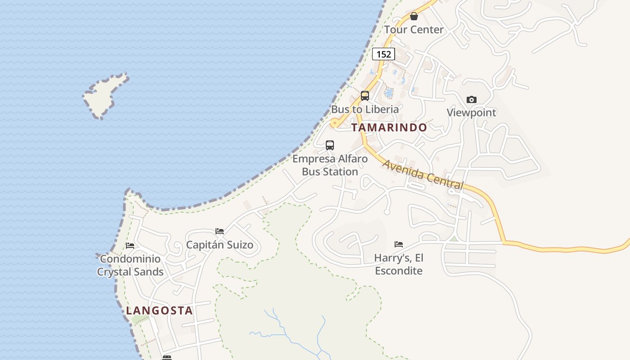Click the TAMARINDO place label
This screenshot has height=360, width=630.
[x=389, y=127]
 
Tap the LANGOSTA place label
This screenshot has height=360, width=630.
[x=159, y=310]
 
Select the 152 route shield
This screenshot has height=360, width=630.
[x=383, y=54]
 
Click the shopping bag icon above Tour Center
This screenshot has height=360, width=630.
[x=414, y=17]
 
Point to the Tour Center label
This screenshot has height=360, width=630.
[x=414, y=30]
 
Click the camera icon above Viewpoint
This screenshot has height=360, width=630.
[x=471, y=99]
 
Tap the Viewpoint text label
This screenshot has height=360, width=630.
[x=471, y=112]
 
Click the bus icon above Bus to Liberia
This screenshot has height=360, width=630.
[x=364, y=96]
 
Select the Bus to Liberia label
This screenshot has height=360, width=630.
[x=365, y=109]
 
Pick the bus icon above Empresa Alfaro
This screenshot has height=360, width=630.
[x=330, y=145]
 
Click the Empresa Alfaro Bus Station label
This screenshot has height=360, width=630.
[x=330, y=165]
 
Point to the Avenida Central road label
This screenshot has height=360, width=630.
[x=423, y=174]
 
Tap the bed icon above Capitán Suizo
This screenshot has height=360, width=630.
[x=220, y=231]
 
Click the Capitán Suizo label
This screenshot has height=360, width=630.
[x=220, y=245]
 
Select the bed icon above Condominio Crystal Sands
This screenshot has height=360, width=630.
[x=130, y=246]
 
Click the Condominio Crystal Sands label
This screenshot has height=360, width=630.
[x=130, y=265]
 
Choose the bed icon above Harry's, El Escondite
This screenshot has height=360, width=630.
[x=399, y=244]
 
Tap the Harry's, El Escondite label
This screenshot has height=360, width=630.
[x=399, y=264]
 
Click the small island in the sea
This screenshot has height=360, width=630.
[x=105, y=95]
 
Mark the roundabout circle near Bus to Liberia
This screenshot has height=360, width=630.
[x=334, y=123]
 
